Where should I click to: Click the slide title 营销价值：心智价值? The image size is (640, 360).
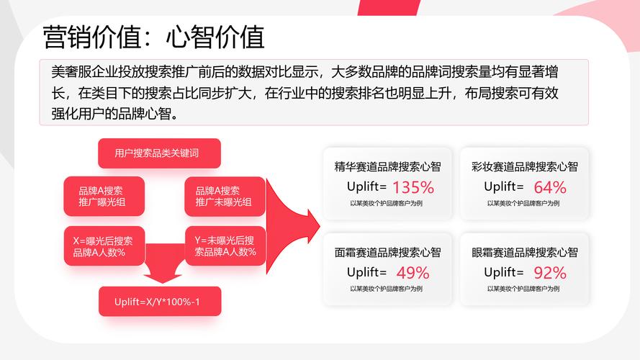click(153, 37)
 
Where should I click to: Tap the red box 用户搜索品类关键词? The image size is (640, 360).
click(159, 153)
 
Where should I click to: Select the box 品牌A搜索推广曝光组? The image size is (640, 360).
click(104, 197)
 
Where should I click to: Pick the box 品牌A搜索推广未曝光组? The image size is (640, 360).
click(225, 197)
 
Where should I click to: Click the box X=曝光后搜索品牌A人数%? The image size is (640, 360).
click(104, 246)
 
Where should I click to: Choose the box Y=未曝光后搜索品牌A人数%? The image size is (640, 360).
click(225, 246)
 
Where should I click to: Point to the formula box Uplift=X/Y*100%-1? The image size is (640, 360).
click(160, 301)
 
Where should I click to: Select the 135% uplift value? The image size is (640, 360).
click(413, 188)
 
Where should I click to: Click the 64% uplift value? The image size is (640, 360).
click(550, 188)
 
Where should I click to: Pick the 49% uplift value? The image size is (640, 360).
click(413, 273)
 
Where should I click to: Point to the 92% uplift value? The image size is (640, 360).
click(550, 273)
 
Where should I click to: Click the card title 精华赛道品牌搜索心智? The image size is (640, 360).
click(387, 166)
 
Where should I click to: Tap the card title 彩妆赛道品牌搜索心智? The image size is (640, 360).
click(525, 166)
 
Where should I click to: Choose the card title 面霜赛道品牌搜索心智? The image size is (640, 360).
click(387, 252)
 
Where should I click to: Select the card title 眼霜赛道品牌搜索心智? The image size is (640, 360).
click(525, 252)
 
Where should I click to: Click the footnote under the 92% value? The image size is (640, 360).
click(523, 289)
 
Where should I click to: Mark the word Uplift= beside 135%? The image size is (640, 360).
click(366, 186)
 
